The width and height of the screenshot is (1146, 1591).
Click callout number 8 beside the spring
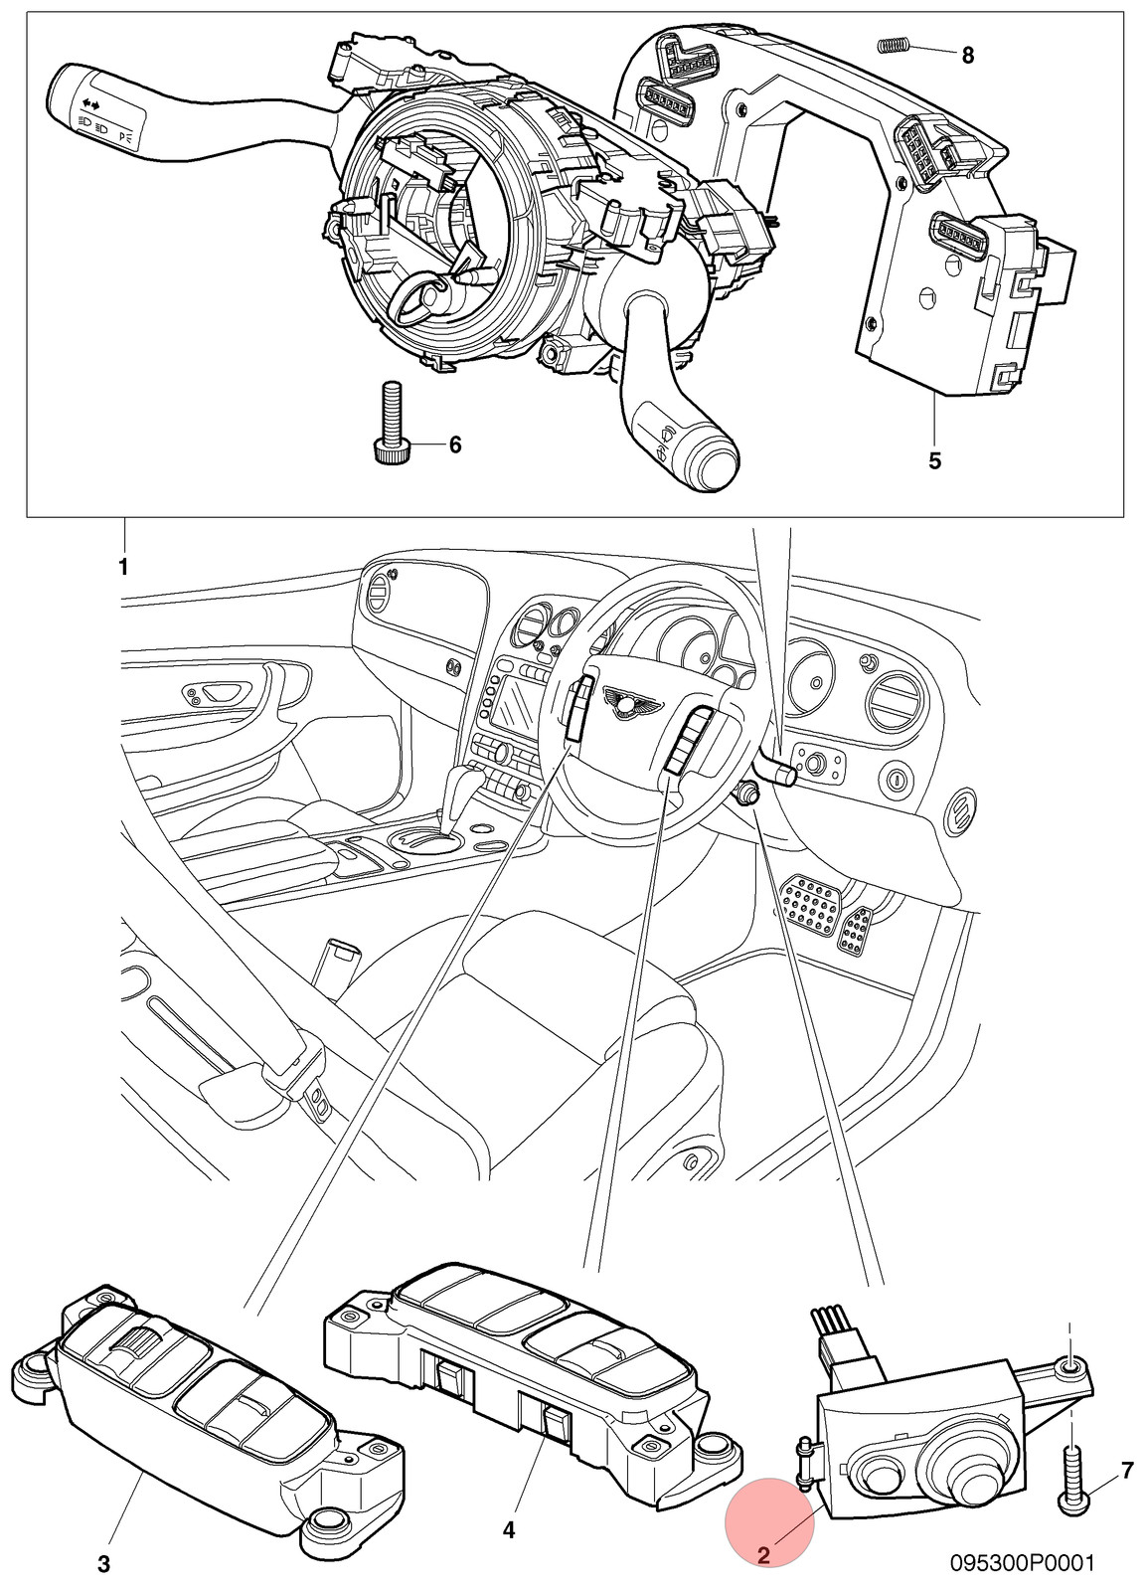click(x=968, y=55)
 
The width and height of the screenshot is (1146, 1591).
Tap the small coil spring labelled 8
click(x=894, y=46)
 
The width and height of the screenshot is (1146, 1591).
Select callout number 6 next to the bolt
click(x=455, y=445)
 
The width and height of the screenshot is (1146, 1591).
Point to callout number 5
click(x=934, y=461)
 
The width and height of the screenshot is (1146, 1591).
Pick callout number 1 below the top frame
click(x=123, y=568)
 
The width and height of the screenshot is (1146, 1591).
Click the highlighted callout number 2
click(x=764, y=1555)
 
